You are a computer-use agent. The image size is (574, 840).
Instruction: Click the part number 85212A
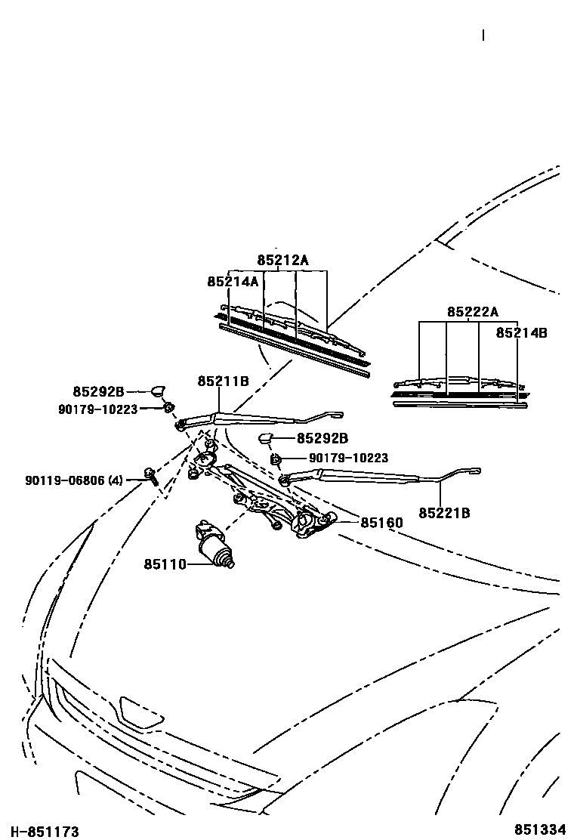(x=282, y=261)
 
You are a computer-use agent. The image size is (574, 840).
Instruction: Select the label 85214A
(x=233, y=281)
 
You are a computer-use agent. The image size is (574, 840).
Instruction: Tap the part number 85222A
(x=473, y=312)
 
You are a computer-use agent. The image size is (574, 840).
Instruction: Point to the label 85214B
(x=521, y=332)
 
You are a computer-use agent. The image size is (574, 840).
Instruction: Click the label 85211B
(x=223, y=381)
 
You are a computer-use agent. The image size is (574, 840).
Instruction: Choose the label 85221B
(x=444, y=513)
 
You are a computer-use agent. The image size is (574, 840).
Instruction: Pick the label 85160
(x=381, y=522)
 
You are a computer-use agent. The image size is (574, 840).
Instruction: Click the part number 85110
(x=165, y=564)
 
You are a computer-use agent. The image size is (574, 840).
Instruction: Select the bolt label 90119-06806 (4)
(x=74, y=479)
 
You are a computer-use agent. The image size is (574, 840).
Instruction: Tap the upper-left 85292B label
(x=98, y=391)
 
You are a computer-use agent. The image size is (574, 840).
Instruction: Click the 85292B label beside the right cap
(x=322, y=438)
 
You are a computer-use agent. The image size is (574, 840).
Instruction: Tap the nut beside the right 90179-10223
(x=277, y=458)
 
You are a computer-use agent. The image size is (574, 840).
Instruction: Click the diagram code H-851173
(x=45, y=831)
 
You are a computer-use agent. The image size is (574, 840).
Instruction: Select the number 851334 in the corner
(x=540, y=829)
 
